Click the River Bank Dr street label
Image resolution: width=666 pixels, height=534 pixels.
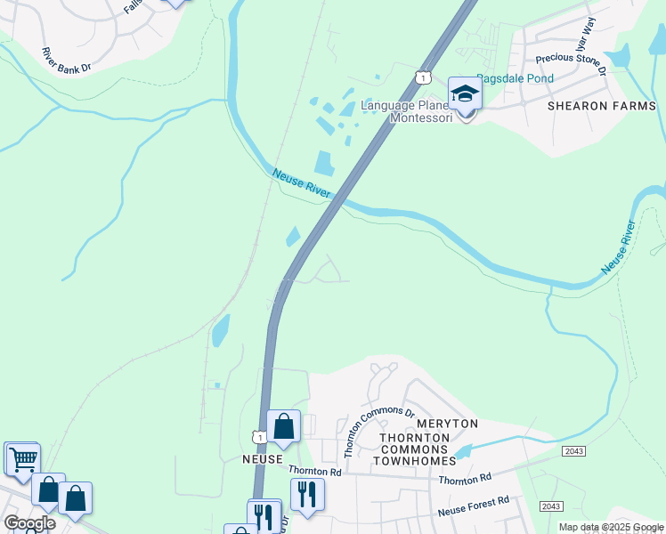point(66,61)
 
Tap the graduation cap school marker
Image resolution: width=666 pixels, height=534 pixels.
point(464,94)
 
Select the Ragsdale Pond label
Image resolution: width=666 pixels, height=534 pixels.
point(515,78)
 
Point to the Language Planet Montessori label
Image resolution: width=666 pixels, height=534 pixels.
point(408,112)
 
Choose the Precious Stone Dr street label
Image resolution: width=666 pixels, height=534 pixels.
point(571,63)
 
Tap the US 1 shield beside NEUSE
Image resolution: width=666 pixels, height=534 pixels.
point(257,437)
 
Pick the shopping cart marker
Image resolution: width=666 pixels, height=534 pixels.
point(22,459)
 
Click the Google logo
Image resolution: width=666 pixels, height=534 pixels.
point(28,522)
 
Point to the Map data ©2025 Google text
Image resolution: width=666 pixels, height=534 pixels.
point(610,527)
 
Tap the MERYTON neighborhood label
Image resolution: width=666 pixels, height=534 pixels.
point(449,424)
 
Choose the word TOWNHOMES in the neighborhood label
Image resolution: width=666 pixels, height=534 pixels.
point(418,460)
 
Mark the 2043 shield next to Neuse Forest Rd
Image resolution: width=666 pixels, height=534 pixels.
point(551,506)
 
